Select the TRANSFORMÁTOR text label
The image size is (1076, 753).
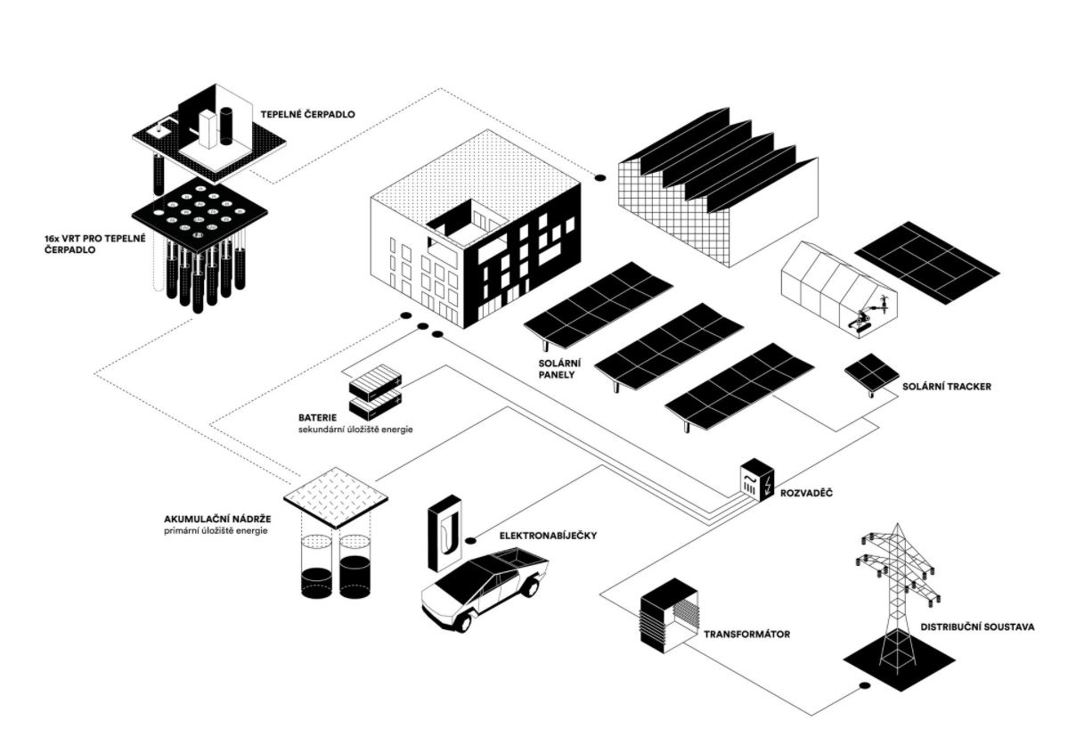coord(747,635)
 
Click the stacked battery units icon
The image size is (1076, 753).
coord(375,393)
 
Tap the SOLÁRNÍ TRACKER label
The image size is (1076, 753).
coord(946,387)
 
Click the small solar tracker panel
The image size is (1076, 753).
coord(871,372)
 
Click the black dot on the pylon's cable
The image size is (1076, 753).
coord(863,685)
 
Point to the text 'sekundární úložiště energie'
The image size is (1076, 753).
coord(356,430)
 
